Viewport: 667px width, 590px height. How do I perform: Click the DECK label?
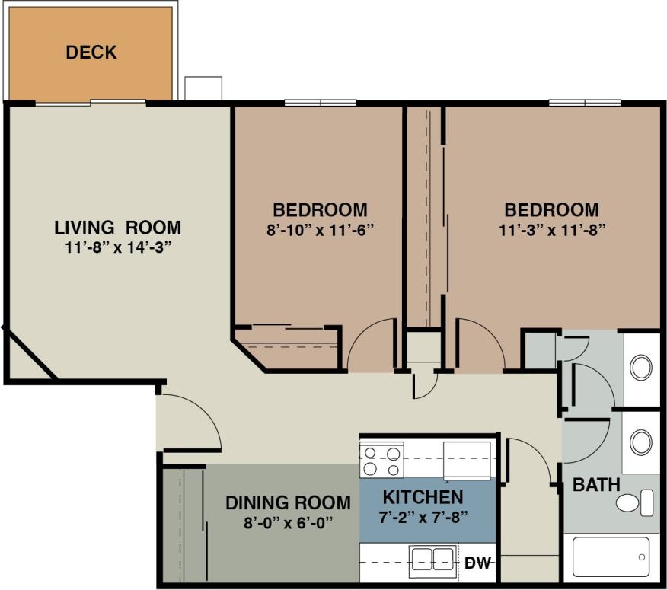tap(91, 53)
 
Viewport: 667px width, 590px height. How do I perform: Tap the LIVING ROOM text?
tap(118, 227)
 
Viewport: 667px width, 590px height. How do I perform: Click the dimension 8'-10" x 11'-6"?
tap(320, 228)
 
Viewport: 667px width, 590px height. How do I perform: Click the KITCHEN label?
tap(423, 497)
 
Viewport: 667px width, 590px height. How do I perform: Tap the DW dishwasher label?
tap(477, 563)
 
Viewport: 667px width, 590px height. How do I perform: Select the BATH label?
tap(596, 484)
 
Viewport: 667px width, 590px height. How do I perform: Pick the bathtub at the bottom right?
tap(611, 557)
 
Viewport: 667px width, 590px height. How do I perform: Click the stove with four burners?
tap(381, 461)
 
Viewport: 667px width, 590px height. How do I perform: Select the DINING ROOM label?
tap(288, 502)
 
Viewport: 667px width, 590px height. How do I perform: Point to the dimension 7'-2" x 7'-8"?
tap(423, 516)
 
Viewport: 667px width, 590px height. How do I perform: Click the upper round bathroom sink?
tap(641, 368)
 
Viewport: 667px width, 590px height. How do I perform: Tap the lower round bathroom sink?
tap(641, 442)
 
